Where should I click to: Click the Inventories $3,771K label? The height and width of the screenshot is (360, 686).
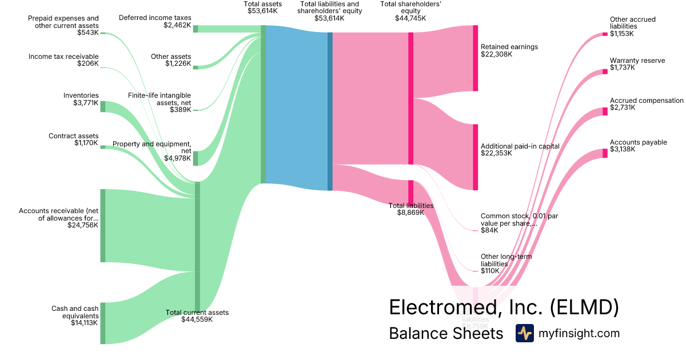coord(81,99)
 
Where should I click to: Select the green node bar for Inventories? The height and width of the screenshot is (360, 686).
coord(103,106)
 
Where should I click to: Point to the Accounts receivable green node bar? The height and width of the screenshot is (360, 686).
coord(103,226)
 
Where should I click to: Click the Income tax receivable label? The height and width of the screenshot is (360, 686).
coord(63,60)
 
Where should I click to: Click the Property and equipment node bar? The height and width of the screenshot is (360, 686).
coord(196,158)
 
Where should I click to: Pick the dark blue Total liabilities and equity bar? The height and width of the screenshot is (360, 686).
coord(330,111)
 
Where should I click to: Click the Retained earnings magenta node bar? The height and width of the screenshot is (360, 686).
coord(475,58)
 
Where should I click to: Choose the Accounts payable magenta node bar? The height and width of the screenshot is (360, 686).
coord(605,153)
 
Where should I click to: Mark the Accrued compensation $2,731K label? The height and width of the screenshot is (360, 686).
coord(646,104)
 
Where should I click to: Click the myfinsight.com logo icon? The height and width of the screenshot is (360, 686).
coord(524,333)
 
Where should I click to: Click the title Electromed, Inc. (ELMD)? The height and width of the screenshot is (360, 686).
coord(504,307)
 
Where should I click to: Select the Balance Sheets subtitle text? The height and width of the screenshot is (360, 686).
coord(446,334)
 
